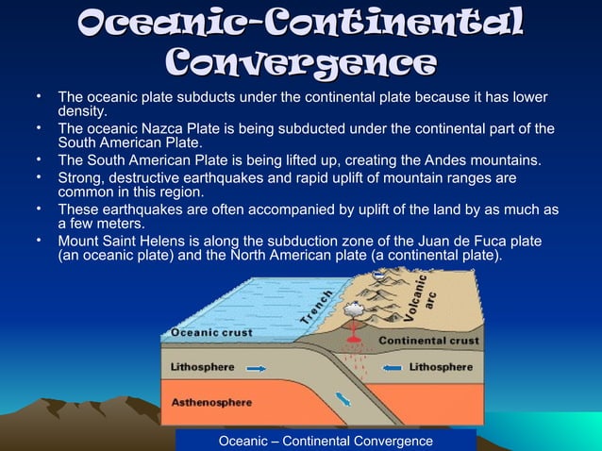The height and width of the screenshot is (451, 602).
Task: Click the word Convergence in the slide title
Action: pyautogui.click(x=300, y=63)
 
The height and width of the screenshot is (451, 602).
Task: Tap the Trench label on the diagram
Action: pyautogui.click(x=317, y=308)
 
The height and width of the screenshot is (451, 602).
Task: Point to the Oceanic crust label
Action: pyautogui.click(x=209, y=333)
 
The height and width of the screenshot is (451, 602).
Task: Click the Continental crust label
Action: pyautogui.click(x=428, y=341)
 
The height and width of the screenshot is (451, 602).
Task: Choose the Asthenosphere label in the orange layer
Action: pyautogui.click(x=211, y=402)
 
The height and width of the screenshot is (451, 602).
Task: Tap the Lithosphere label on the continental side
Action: pyautogui.click(x=441, y=366)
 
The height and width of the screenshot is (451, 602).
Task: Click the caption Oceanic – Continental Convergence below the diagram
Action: pyautogui.click(x=326, y=441)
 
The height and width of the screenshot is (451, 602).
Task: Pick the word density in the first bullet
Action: pyautogui.click(x=81, y=111)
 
